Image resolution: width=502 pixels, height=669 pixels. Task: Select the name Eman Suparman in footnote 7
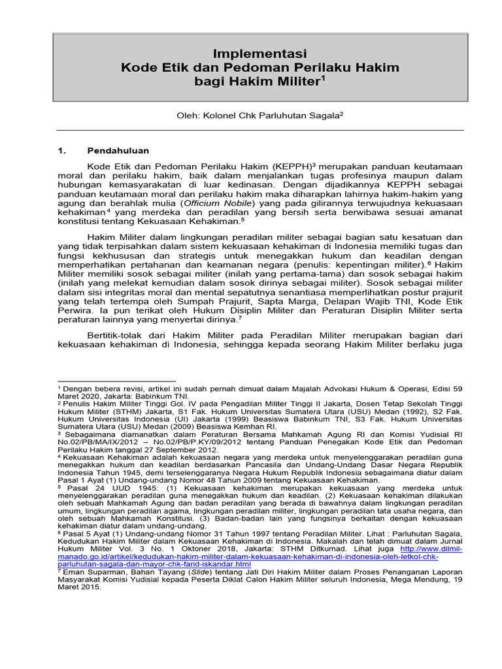[92, 572]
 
